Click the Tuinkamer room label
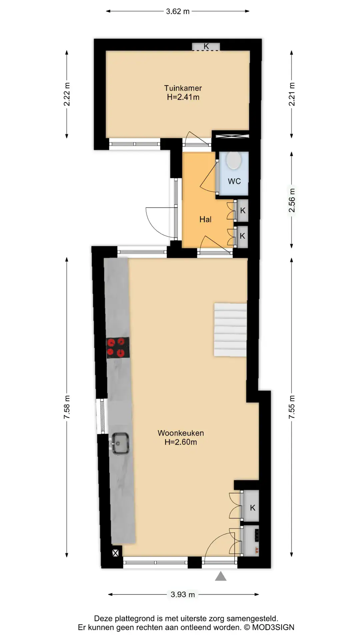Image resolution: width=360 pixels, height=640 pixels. (x=183, y=88)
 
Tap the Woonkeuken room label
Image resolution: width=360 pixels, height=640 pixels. (x=181, y=433)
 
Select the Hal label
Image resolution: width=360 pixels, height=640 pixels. (x=205, y=219)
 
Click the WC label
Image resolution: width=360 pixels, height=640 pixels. (x=234, y=181)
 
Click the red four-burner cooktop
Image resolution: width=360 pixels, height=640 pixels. (x=118, y=348)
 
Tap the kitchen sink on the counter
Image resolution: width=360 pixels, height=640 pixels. (x=120, y=443)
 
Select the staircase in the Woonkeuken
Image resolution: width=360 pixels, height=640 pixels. (x=230, y=330)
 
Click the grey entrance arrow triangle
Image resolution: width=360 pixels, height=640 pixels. (x=221, y=576)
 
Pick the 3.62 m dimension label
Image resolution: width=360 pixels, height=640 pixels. (x=178, y=11)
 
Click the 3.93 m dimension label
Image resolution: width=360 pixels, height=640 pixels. (x=183, y=594)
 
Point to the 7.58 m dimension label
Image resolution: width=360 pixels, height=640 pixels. (x=67, y=407)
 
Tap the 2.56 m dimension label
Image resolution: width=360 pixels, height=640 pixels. (x=292, y=200)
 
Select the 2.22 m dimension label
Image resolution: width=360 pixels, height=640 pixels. (x=67, y=94)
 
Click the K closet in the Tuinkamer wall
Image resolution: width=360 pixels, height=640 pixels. (x=206, y=46)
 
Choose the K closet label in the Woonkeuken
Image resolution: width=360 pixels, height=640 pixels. (x=253, y=508)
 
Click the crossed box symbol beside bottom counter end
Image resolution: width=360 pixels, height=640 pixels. (x=116, y=553)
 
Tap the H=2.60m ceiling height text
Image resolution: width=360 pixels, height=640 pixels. (x=181, y=442)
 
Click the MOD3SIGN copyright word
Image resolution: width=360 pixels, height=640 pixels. (x=273, y=627)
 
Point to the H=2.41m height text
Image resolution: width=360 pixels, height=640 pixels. (x=183, y=97)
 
